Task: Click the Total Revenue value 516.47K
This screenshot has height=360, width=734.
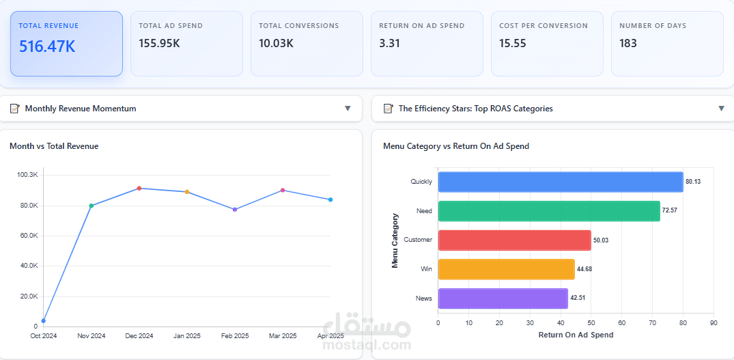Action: (x=47, y=46)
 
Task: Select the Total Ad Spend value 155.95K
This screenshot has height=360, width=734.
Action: (x=160, y=44)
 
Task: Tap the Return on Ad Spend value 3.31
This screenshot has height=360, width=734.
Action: (x=389, y=44)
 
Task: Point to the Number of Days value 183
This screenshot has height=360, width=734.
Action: (x=628, y=44)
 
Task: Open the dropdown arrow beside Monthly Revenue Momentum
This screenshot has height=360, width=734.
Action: (x=348, y=109)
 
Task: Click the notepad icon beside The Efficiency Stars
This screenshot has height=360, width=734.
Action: (x=388, y=109)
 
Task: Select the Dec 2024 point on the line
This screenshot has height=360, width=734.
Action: (x=139, y=188)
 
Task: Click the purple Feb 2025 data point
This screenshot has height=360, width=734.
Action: (x=235, y=209)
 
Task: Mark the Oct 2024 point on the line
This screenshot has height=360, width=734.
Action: (x=44, y=320)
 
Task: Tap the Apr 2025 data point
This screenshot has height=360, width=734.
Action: (x=330, y=199)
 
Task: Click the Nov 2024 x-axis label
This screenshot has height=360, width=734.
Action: (x=91, y=335)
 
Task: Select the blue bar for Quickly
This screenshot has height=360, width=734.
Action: (x=561, y=182)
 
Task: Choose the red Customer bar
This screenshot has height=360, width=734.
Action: (x=515, y=240)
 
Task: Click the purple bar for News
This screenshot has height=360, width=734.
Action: (x=503, y=299)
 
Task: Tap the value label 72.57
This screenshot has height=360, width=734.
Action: (x=669, y=210)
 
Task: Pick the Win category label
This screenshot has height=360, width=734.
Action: (x=427, y=269)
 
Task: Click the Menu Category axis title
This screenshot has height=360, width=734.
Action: (x=395, y=240)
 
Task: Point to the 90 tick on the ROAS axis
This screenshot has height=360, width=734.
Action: (x=714, y=322)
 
